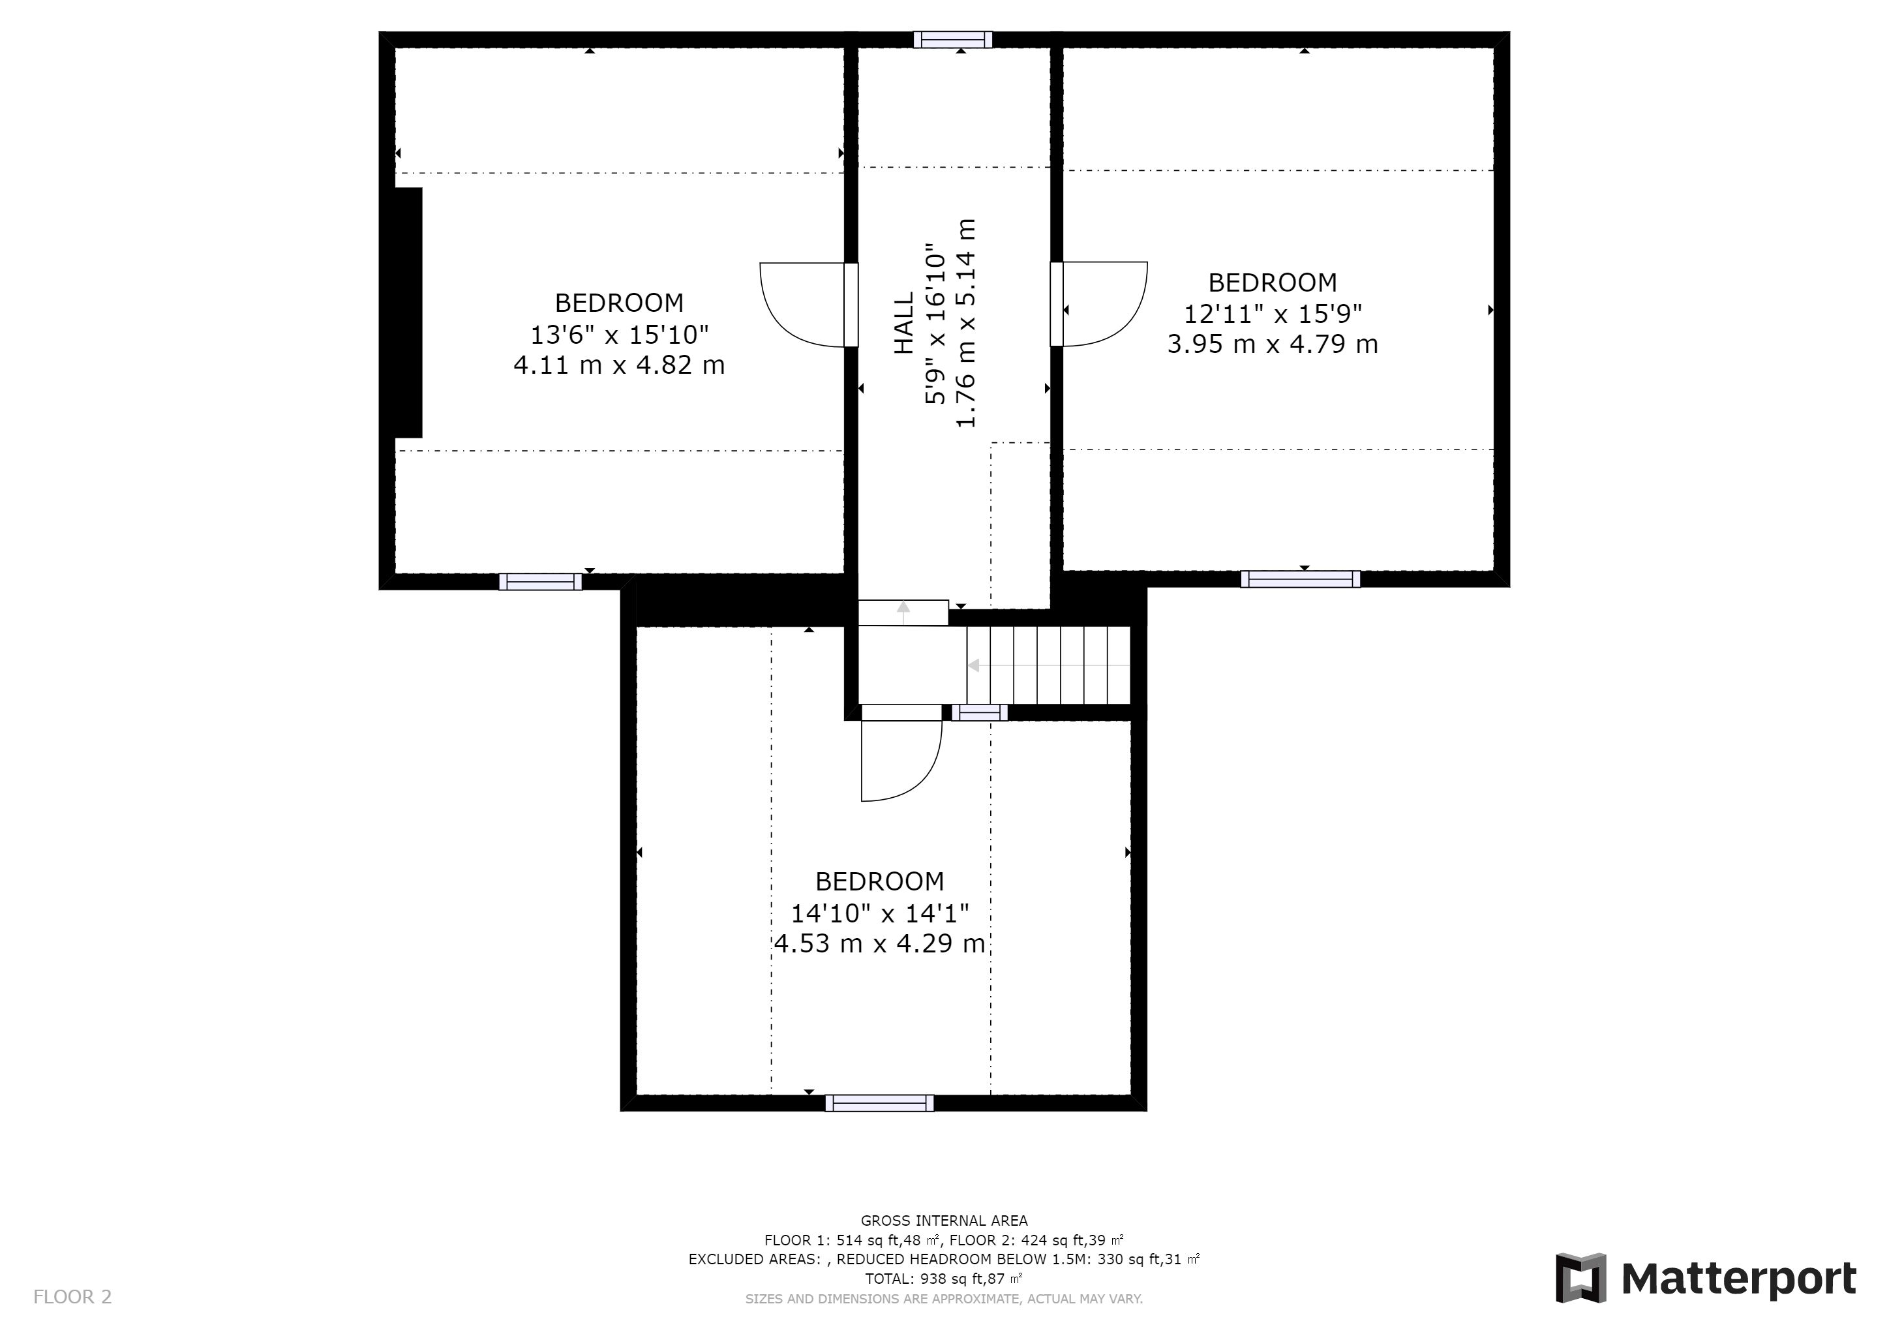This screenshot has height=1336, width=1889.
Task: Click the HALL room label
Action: pos(903,324)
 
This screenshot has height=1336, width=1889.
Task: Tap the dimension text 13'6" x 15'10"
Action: pos(620,335)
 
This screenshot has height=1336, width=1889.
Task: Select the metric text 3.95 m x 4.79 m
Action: pos(1273,344)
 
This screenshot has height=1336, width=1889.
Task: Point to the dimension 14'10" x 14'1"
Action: pos(879,913)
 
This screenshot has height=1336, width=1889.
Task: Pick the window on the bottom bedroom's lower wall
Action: pos(879,1103)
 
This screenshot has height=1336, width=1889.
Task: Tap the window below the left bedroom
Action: pos(541,582)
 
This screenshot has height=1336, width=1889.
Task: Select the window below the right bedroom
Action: pos(1300,579)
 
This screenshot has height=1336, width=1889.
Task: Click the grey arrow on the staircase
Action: pos(1046,665)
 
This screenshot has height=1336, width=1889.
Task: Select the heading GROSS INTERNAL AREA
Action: pos(944,1221)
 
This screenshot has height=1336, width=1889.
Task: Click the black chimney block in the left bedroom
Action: pos(409,312)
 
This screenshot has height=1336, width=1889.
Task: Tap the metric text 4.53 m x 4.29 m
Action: pos(879,943)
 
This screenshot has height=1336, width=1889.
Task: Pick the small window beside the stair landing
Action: pos(979,712)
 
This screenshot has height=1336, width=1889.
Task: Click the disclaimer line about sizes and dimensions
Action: pos(944,1299)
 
